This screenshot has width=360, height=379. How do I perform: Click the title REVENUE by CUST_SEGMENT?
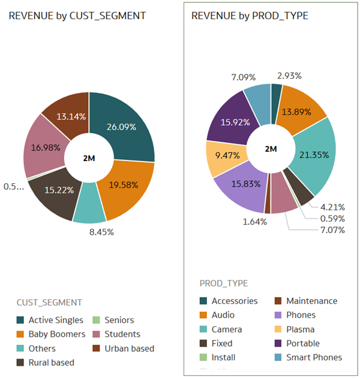point(77,16)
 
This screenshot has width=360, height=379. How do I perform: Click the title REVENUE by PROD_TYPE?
point(250,16)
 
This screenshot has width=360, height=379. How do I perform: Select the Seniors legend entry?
point(119,320)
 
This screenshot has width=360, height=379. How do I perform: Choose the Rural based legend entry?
point(51,362)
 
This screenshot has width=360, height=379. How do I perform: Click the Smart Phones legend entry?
point(314,357)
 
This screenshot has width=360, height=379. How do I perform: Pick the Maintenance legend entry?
point(311,300)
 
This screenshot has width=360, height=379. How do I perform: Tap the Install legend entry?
point(223,357)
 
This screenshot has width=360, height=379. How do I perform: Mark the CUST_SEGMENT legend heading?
point(49,302)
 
